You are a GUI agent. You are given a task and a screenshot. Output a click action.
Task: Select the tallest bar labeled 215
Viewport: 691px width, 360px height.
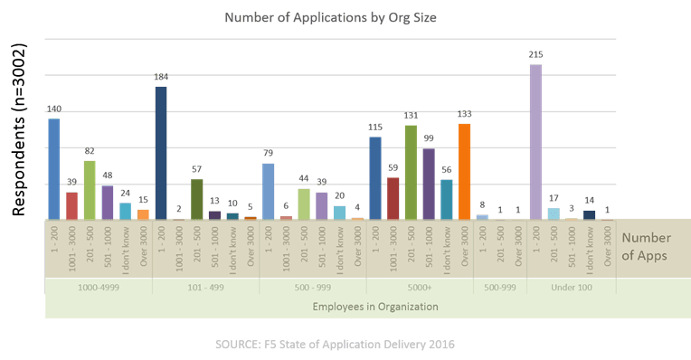click(535, 141)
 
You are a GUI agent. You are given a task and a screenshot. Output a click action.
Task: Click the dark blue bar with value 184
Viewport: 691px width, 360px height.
click(161, 152)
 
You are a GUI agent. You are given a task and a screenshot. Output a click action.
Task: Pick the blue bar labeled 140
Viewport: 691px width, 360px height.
click(54, 168)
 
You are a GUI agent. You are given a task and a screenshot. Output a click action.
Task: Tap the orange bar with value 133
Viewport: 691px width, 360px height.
click(465, 171)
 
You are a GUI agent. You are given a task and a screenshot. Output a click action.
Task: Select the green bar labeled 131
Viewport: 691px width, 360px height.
click(411, 172)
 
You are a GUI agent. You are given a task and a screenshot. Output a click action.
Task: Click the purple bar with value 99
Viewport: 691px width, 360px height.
click(429, 184)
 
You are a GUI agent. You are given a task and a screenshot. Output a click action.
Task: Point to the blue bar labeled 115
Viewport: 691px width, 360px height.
click(375, 177)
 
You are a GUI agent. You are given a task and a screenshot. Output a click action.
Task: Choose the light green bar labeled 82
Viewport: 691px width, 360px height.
click(90, 190)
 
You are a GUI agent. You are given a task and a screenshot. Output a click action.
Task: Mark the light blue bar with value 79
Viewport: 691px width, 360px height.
click(268, 191)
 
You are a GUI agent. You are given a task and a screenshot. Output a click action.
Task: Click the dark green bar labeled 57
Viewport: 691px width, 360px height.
click(197, 199)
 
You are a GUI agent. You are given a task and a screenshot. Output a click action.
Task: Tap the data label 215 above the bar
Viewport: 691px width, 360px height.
click(535, 55)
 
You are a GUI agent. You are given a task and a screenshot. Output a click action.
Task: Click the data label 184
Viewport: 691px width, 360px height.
click(161, 78)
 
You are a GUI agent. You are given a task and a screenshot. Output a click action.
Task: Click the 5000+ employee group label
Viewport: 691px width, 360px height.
click(419, 286)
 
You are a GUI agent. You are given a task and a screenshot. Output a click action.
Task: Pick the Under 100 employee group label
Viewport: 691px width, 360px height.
click(571, 286)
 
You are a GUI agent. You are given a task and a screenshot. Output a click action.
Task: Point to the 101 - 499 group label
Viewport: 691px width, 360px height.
click(205, 286)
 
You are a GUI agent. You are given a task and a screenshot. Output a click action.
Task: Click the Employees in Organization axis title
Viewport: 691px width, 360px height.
click(375, 307)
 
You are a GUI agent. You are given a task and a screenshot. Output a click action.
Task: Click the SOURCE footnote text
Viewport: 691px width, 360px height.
click(335, 345)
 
